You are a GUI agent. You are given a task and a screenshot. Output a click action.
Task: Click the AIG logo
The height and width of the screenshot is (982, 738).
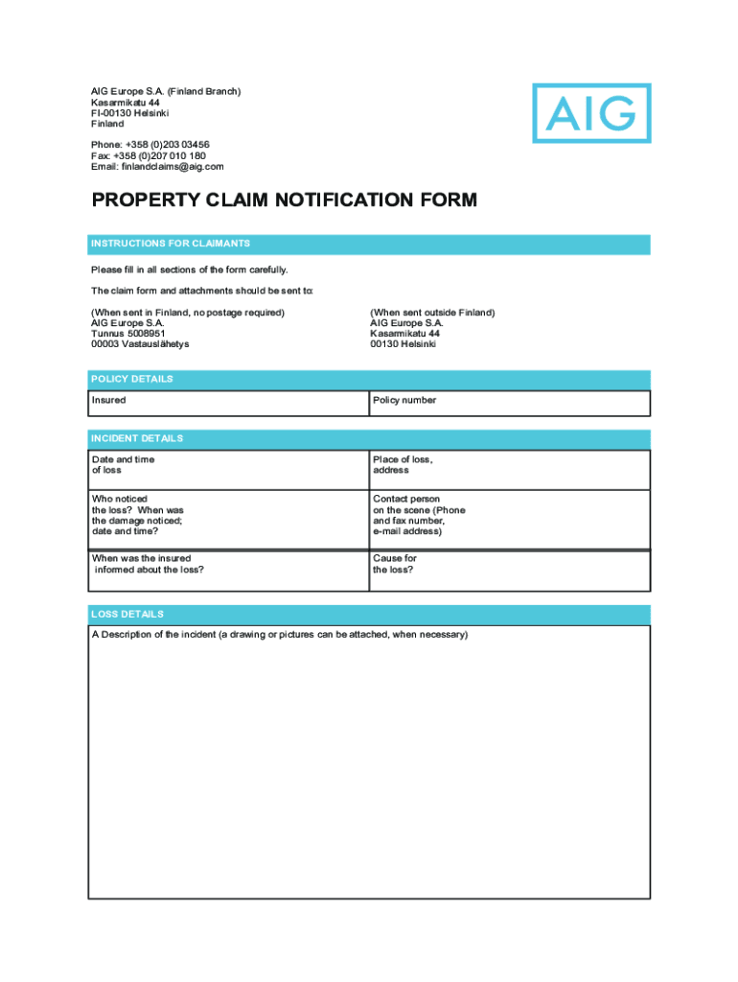(x=591, y=113)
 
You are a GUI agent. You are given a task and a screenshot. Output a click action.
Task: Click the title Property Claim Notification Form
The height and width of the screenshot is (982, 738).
(x=284, y=200)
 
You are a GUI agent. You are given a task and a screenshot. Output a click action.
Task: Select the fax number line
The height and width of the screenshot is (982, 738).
(x=149, y=155)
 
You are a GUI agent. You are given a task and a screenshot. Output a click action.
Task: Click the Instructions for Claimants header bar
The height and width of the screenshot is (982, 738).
(x=369, y=245)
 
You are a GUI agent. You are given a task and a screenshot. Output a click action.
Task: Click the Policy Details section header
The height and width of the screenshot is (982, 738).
(x=369, y=380)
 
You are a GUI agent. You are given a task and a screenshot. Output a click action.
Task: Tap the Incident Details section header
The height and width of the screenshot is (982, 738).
(x=369, y=439)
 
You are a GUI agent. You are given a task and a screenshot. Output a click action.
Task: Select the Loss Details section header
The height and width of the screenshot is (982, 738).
(x=369, y=615)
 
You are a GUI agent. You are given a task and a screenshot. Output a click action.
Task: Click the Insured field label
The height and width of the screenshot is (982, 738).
(x=108, y=401)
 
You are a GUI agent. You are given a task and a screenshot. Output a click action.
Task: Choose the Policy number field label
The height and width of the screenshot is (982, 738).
(x=404, y=401)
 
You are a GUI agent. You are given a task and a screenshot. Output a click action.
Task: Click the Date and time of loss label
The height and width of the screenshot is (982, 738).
(x=123, y=465)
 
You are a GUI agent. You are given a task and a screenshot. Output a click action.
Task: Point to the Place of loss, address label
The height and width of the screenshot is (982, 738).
(x=403, y=465)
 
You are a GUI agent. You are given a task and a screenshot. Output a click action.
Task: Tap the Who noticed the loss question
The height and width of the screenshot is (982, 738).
(x=137, y=515)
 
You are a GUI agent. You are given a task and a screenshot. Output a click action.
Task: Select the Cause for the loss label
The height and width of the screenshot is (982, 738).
(x=395, y=564)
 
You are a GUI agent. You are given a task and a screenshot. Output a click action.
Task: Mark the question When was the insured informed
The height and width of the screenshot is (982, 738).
(x=148, y=564)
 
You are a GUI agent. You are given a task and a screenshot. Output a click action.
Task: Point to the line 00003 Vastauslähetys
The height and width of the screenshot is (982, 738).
(x=140, y=344)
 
